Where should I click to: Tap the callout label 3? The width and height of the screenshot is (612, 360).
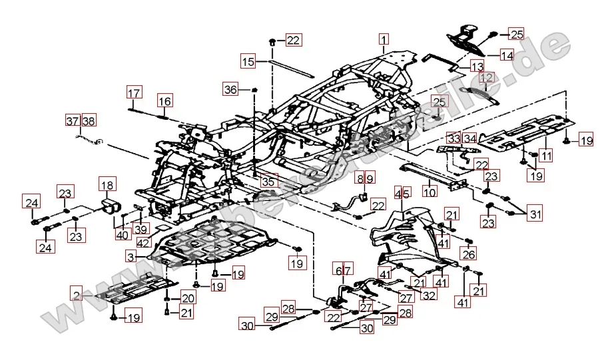tap(131, 256)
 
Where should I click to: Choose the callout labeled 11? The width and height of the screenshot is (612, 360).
tap(547, 156)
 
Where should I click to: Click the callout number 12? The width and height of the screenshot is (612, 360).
tap(487, 78)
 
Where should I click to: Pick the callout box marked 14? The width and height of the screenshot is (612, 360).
tap(507, 56)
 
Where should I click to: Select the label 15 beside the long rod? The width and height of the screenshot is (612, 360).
tap(248, 62)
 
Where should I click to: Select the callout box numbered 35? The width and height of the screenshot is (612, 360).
tap(268, 180)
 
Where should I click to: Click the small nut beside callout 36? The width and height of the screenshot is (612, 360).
tap(255, 89)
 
